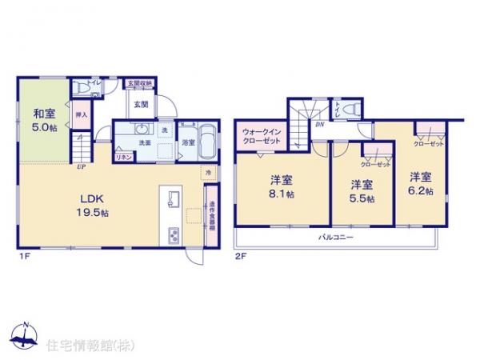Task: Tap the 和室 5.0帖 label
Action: coord(43,120)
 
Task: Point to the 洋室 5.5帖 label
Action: coord(362,192)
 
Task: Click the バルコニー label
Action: coord(331,238)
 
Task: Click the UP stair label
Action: coord(82,167)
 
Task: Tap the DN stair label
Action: coord(319,124)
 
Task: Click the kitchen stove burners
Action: coord(174,234)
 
